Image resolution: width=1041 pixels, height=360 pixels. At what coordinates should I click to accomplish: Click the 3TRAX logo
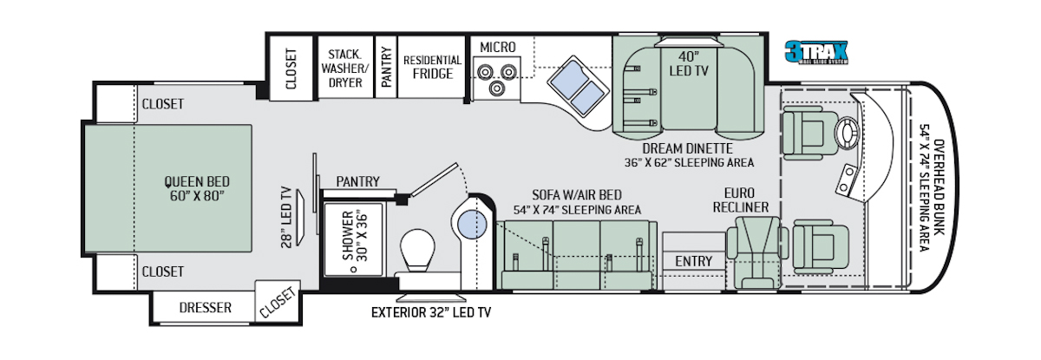[x=816, y=52]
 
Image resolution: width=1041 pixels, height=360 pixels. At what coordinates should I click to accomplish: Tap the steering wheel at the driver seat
[x=848, y=132]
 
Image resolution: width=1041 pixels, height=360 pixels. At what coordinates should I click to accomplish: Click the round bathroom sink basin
[x=472, y=225]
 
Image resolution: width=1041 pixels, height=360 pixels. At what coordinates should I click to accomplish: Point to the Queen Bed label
[x=197, y=188]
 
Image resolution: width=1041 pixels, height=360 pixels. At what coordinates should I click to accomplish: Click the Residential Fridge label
[x=432, y=67]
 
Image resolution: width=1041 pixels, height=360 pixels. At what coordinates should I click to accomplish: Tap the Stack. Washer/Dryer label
[x=345, y=69]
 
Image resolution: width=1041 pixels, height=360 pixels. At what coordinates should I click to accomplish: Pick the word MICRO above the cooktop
[x=498, y=48]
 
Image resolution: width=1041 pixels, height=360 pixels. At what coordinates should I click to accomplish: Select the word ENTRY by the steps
[x=693, y=261]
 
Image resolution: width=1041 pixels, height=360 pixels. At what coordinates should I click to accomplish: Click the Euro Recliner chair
[x=757, y=252]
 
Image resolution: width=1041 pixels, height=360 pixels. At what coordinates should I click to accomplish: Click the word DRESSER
[x=205, y=307]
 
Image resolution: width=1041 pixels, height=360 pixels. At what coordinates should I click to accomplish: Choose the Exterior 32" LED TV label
[x=431, y=312]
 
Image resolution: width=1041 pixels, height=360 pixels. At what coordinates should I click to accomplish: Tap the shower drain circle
[x=354, y=269]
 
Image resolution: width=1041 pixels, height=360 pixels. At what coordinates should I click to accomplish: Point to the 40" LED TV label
[x=689, y=63]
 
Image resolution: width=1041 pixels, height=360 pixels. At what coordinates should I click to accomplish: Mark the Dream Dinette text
[x=687, y=148]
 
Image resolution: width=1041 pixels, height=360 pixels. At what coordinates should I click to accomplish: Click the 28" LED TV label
[x=287, y=218]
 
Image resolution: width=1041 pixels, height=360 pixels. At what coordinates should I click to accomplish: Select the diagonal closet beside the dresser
[x=278, y=301]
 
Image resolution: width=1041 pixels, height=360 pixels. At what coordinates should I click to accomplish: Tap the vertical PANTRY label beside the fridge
[x=386, y=67]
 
